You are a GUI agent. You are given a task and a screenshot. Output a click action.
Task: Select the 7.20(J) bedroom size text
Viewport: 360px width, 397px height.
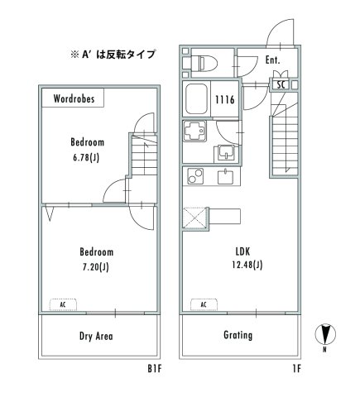(x=96, y=267)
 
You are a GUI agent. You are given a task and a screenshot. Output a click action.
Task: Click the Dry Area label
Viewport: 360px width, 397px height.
(x=96, y=337)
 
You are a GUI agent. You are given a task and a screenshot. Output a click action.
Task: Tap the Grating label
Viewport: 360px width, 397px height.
(x=238, y=336)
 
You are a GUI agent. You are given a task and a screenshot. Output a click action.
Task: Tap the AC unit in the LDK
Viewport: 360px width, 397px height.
(x=203, y=304)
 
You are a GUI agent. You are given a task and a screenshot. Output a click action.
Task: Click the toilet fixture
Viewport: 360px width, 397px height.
(x=203, y=62)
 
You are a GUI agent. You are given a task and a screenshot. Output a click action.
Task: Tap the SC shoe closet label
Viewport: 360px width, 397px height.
(x=281, y=84)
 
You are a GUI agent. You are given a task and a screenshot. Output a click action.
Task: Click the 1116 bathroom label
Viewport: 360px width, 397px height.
(x=225, y=99)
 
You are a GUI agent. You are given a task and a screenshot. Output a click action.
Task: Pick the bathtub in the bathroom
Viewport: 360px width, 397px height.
(x=197, y=100)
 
